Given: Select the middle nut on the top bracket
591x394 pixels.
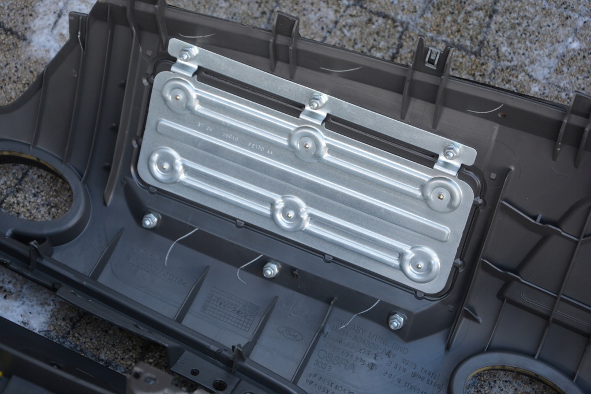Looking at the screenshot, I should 315,102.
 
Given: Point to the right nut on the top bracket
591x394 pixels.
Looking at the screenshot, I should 451,151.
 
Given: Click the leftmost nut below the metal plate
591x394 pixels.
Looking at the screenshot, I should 150,220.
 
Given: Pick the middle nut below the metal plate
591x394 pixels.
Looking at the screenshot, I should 271,269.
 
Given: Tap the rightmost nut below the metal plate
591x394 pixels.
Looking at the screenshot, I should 396,321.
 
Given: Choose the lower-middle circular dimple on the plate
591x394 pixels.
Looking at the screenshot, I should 290,213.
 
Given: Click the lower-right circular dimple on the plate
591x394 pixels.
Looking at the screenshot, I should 420,264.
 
